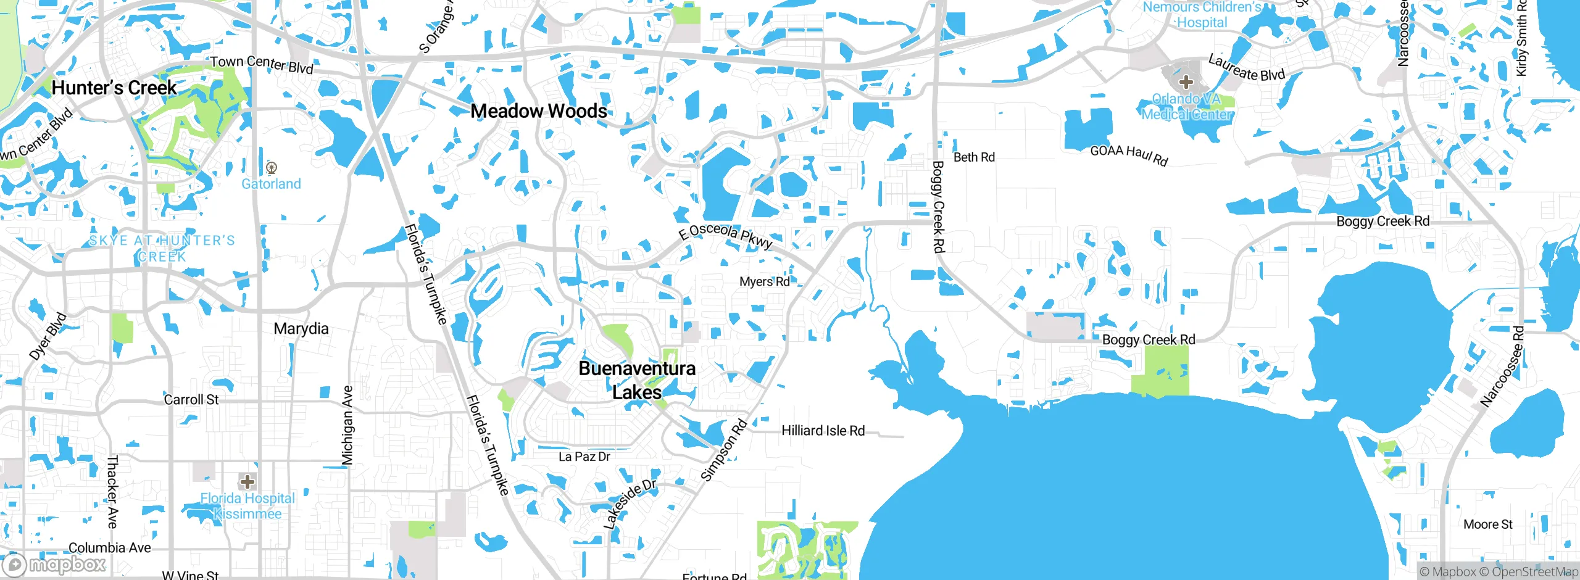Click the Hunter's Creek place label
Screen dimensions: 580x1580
pyautogui.click(x=114, y=88)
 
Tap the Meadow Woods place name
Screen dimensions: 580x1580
pyautogui.click(x=539, y=111)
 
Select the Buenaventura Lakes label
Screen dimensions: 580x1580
pyautogui.click(x=637, y=380)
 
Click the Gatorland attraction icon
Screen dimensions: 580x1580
pyautogui.click(x=272, y=167)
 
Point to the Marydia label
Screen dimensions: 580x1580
pyautogui.click(x=301, y=328)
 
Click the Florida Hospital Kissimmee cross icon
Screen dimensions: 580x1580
pyautogui.click(x=247, y=481)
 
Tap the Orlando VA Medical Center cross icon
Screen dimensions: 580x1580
pyautogui.click(x=1186, y=82)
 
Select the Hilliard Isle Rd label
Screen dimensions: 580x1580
pyautogui.click(x=823, y=431)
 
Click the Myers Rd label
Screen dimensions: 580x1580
pyautogui.click(x=765, y=281)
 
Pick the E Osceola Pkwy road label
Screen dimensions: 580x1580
pyautogui.click(x=725, y=236)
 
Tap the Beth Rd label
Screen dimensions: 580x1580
pyautogui.click(x=974, y=157)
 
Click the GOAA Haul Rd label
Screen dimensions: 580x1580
pyautogui.click(x=1129, y=154)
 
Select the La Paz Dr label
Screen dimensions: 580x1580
pyautogui.click(x=584, y=457)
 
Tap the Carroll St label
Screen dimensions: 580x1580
pyautogui.click(x=191, y=400)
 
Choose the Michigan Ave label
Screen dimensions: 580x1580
pyautogui.click(x=348, y=425)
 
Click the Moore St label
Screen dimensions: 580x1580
pyautogui.click(x=1487, y=524)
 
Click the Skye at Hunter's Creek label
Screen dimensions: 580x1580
pyautogui.click(x=162, y=248)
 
